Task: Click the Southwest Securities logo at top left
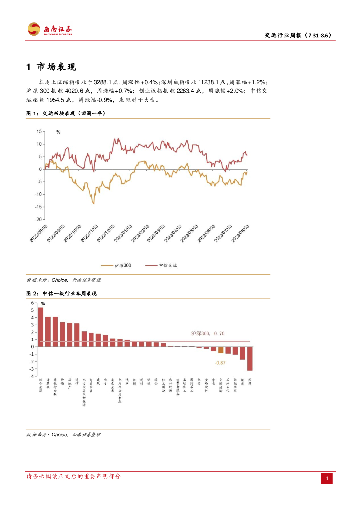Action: click(x=49, y=29)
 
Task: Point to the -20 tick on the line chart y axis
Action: click(x=38, y=219)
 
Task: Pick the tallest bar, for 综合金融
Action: click(x=41, y=327)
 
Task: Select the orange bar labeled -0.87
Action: click(x=221, y=350)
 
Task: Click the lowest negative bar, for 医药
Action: click(x=250, y=358)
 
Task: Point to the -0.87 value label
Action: click(x=220, y=363)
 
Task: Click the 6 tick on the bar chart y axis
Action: click(x=33, y=303)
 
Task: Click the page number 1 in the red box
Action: click(x=327, y=478)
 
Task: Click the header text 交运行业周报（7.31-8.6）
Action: click(x=297, y=35)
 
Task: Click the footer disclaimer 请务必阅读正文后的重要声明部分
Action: click(x=74, y=476)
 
